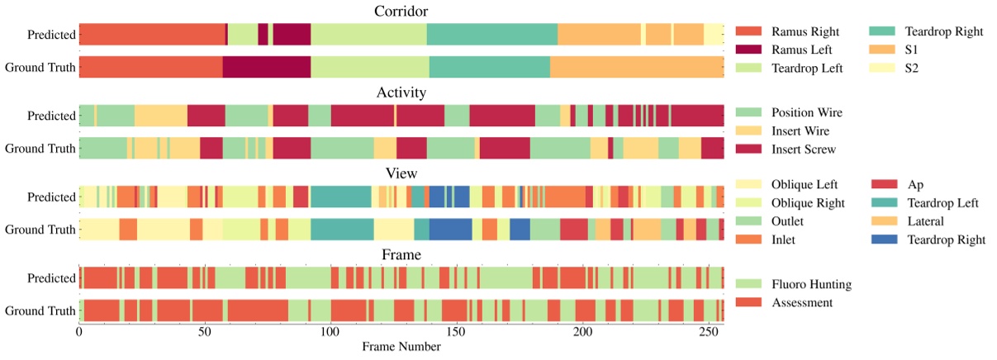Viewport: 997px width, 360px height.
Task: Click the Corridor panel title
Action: tap(401, 11)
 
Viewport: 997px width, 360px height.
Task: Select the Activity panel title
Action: tap(401, 92)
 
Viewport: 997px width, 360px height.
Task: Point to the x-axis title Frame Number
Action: tap(401, 347)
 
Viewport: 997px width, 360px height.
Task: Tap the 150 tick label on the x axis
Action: tap(456, 331)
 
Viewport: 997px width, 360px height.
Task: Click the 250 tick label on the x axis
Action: tap(708, 331)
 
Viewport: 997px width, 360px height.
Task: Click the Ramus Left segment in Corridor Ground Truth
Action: tap(266, 67)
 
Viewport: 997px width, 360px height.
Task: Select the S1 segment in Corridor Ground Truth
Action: tap(637, 67)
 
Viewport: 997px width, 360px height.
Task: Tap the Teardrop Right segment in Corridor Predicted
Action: tap(491, 35)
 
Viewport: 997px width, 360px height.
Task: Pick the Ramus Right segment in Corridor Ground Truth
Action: tap(150, 67)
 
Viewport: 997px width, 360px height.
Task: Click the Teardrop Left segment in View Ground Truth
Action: tap(342, 230)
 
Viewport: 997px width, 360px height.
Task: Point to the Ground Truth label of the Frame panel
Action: tap(40, 310)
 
